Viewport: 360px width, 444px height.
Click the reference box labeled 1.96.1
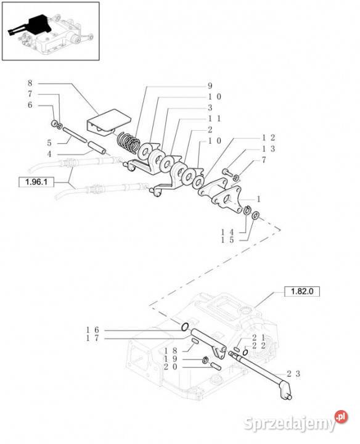point(36,182)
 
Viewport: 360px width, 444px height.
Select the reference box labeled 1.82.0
point(302,291)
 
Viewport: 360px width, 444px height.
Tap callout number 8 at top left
point(30,83)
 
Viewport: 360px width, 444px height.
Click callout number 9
point(210,86)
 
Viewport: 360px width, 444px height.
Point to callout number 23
point(293,374)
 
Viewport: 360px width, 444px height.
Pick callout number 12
point(268,138)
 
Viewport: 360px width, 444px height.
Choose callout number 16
point(92,330)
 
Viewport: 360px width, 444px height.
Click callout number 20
point(171,367)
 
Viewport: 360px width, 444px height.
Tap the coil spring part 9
point(129,142)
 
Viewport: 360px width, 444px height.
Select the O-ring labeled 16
point(184,327)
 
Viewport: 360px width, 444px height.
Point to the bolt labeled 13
point(227,172)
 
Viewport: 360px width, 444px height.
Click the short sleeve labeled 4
point(97,148)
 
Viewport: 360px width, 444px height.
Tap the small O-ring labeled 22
point(245,352)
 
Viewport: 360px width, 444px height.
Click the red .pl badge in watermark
point(341,417)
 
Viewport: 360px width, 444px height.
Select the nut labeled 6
point(54,124)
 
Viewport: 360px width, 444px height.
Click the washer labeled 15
point(255,215)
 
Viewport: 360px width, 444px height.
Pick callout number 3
point(210,107)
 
